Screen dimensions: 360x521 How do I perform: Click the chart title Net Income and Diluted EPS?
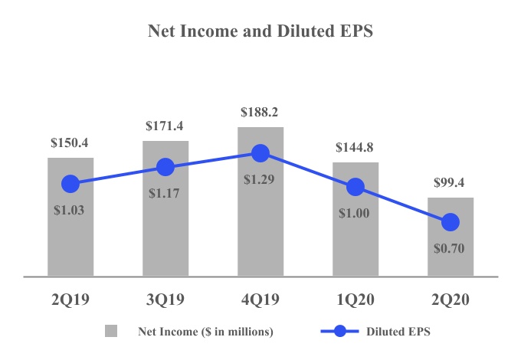click(x=260, y=32)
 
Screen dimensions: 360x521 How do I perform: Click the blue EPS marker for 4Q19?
click(x=260, y=153)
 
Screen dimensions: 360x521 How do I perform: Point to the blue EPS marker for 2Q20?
click(x=451, y=222)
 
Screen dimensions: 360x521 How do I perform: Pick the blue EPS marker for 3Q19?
click(x=165, y=167)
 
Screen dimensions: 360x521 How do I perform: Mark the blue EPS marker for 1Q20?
click(x=356, y=186)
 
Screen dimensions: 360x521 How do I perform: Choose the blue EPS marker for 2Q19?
click(x=70, y=184)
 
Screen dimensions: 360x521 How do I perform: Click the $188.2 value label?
click(x=260, y=112)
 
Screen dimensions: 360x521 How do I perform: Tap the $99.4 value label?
click(x=451, y=183)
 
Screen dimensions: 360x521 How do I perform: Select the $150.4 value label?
click(x=70, y=142)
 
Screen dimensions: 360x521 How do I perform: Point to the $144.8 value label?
click(x=356, y=147)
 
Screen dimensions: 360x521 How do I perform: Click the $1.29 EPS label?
click(x=260, y=181)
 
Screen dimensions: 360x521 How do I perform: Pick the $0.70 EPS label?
click(x=451, y=248)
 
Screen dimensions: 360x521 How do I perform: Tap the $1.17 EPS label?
click(x=165, y=194)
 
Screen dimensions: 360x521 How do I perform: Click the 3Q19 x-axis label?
click(x=165, y=299)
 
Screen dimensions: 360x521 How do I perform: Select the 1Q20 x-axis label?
click(x=356, y=299)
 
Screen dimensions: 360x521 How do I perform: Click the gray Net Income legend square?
click(x=112, y=332)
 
